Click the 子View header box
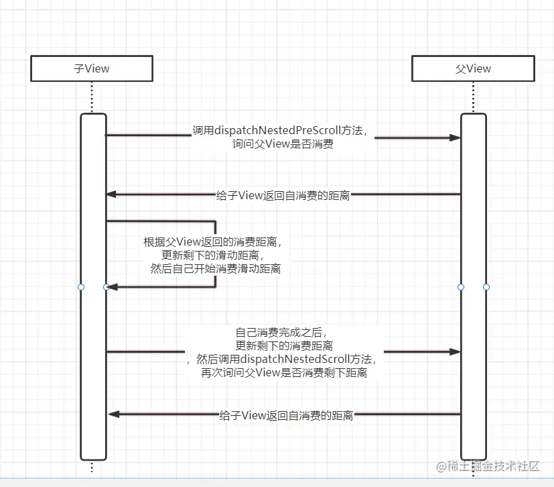92,68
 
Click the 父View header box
473,68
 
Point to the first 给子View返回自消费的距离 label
283,195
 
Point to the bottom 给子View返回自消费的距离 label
286,416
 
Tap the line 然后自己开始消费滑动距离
216,269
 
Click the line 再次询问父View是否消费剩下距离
284,372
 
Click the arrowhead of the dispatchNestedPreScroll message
455,138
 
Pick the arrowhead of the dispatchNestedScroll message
455,351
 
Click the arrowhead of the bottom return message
114,415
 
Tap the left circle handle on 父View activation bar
461,287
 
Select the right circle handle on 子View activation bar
107,287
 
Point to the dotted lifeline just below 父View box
473,97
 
